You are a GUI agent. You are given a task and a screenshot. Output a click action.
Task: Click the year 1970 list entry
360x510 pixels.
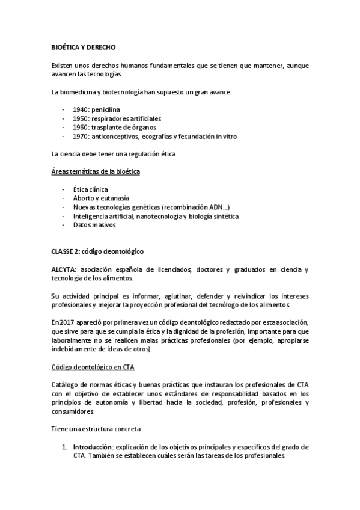coord(80,137)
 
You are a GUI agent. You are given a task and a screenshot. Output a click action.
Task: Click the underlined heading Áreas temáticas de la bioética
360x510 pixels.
coord(96,172)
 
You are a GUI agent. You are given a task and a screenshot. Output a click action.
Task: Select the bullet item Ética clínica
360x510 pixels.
coord(90,189)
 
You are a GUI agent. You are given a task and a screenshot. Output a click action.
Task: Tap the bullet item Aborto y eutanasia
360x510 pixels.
coord(100,198)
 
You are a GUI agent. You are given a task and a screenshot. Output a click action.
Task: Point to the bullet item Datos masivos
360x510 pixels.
coord(94,225)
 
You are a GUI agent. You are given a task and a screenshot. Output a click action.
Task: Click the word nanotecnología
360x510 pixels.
coord(160,216)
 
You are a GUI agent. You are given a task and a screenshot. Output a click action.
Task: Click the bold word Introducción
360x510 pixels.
coord(93,447)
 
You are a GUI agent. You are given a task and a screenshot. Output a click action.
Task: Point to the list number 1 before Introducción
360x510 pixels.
coord(64,447)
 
